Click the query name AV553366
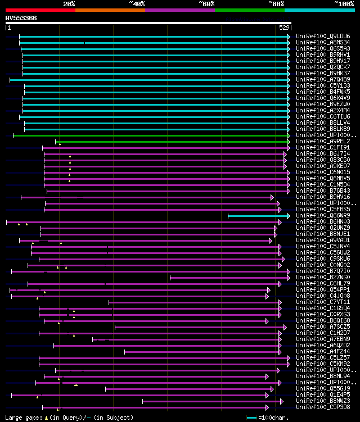pos(21,18)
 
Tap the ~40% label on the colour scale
pos(137,3)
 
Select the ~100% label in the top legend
pos(344,3)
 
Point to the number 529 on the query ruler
pos(285,28)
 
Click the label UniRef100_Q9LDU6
pos(323,36)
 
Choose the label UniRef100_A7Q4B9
pos(323,79)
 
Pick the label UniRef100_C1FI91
pos(323,147)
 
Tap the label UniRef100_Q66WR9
pos(323,215)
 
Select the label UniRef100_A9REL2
pos(323,141)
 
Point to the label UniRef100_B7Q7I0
pos(323,271)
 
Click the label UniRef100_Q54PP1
pos(323,289)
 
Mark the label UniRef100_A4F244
pos(323,351)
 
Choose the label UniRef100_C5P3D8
pos(323,407)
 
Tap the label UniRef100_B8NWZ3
pos(323,401)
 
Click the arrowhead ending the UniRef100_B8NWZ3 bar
pos(281,401)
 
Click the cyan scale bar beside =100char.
pos(251,418)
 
